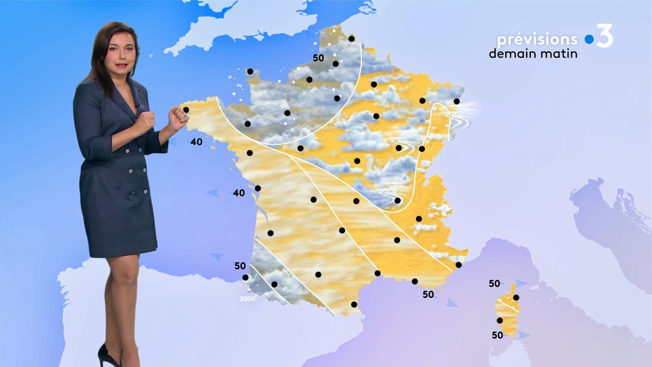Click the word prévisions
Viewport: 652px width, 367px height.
pos(537,39)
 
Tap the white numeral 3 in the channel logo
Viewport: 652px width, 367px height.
pos(605,36)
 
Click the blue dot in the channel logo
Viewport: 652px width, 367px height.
pos(589,39)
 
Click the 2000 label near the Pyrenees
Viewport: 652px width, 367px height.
pos(247,299)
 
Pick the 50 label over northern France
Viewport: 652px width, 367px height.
pos(318,58)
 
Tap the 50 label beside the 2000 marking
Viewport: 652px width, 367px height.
pos(240,266)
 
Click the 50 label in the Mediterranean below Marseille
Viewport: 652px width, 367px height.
pos(428,294)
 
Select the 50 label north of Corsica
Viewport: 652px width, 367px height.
pos(494,284)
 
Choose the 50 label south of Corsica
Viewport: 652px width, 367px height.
pos(497,335)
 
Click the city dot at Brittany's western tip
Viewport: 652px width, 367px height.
pos(186,110)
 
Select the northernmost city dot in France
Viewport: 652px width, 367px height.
pos(351,39)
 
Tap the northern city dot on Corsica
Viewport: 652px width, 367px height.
pos(516,297)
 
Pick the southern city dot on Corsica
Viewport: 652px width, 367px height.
pos(500,320)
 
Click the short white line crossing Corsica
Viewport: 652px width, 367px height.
pos(508,306)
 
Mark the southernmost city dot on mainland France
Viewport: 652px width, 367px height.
pos(354,304)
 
